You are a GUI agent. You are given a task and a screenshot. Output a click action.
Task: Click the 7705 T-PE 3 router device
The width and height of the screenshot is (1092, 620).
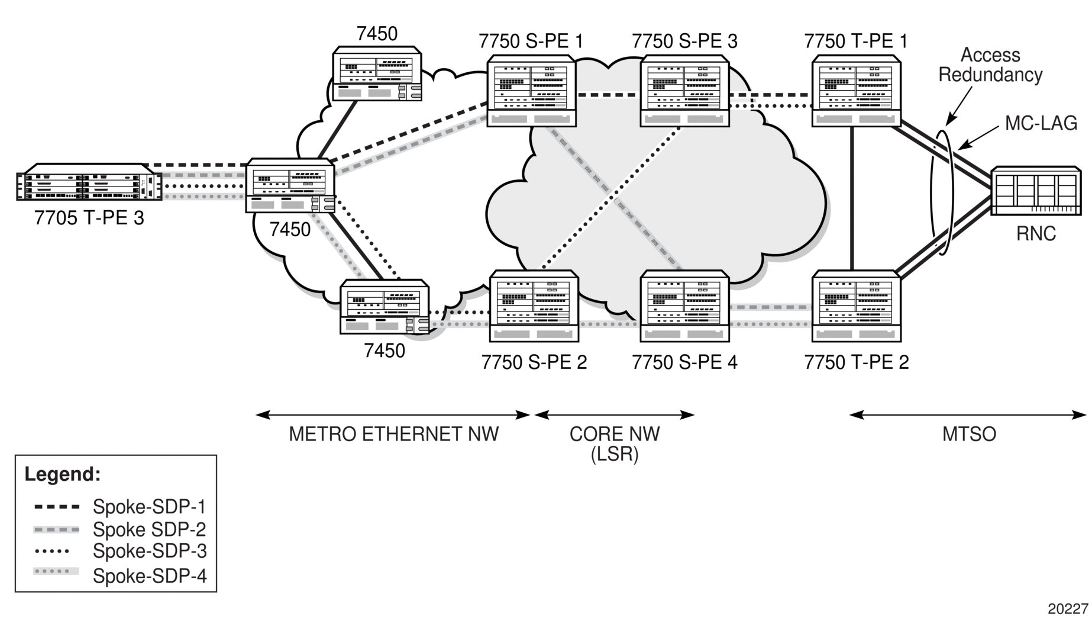[x=89, y=182]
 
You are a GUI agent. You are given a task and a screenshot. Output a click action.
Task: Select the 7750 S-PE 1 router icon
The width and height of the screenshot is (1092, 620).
[x=531, y=91]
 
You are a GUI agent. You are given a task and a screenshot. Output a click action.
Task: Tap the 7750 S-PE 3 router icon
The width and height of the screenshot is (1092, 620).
[x=684, y=91]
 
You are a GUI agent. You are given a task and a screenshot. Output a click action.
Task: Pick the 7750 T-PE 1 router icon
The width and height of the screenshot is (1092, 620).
[x=856, y=91]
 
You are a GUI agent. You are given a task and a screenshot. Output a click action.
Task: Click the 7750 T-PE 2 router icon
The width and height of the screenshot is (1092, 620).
[x=856, y=306]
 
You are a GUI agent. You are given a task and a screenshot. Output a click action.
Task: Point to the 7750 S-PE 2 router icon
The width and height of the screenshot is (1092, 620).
[x=534, y=306]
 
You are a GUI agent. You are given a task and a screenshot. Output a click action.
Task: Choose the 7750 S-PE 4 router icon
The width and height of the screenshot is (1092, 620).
[x=684, y=306]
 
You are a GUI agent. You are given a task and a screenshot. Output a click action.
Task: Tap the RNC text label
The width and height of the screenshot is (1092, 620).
[x=1036, y=234]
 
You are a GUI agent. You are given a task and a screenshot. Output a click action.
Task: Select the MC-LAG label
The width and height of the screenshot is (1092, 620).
[x=1041, y=123]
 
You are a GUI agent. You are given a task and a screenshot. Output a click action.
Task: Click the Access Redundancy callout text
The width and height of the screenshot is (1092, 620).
[x=990, y=65]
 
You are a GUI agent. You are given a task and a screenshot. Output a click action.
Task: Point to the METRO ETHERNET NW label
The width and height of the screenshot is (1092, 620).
[x=393, y=434]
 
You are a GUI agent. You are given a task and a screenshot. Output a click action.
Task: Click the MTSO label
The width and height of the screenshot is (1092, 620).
[x=969, y=434]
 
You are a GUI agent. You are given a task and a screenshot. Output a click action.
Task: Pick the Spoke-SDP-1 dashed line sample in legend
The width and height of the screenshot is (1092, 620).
[x=57, y=507]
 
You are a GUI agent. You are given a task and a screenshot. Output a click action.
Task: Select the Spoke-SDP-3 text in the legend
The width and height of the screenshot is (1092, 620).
[x=150, y=551]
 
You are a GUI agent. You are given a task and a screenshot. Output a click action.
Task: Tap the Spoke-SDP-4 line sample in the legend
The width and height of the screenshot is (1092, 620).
[x=57, y=572]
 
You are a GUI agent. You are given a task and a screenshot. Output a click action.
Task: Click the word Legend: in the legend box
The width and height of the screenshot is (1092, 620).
[x=63, y=474]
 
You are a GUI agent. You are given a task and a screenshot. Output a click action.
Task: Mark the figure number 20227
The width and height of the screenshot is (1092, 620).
[x=1068, y=609]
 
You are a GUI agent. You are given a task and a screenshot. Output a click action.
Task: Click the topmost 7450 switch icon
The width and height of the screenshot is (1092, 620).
[x=377, y=73]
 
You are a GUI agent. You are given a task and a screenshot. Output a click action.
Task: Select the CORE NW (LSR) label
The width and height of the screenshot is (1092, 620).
[x=615, y=444]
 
